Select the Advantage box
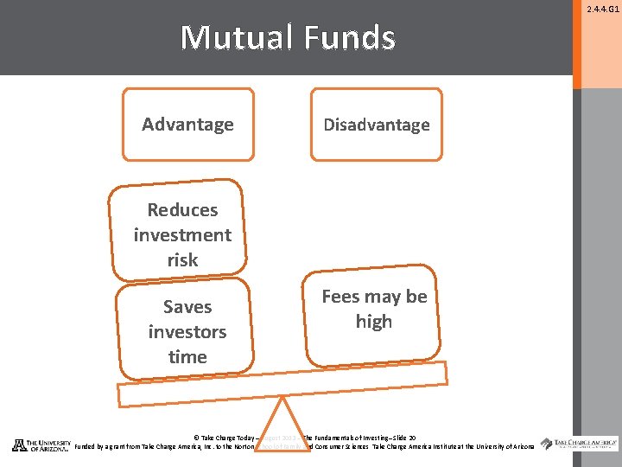[188, 125]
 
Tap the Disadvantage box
[376, 125]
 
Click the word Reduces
[182, 210]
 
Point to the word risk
[182, 259]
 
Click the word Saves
[187, 307]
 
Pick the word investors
[187, 332]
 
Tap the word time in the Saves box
[187, 356]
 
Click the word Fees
[340, 297]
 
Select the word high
[374, 322]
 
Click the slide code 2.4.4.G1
[602, 10]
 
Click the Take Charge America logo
[580, 444]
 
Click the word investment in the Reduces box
[182, 235]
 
